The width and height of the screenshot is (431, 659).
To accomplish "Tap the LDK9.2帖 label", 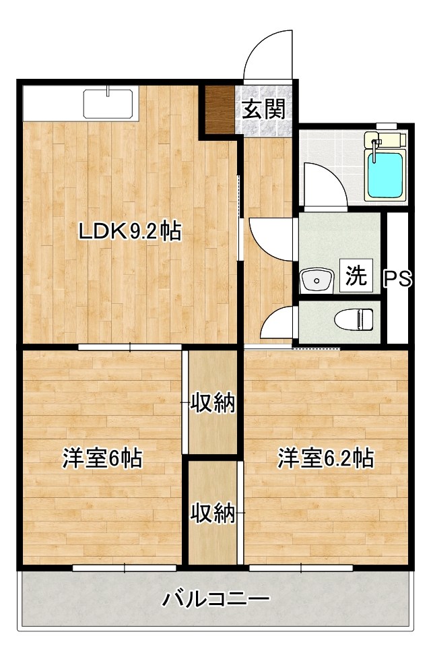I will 130,232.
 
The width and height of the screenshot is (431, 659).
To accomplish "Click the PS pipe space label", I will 397,279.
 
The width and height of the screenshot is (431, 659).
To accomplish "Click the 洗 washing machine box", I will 356,276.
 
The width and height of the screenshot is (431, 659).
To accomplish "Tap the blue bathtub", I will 386,172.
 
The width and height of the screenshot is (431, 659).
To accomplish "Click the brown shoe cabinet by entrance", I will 219,109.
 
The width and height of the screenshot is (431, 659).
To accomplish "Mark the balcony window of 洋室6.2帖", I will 300,568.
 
